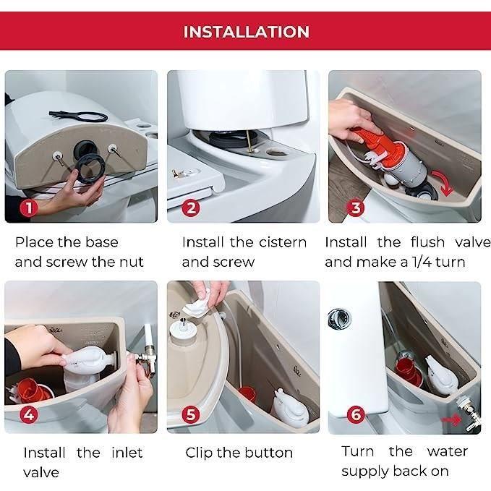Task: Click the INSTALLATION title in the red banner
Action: pyautogui.click(x=246, y=32)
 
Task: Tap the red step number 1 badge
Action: pyautogui.click(x=27, y=209)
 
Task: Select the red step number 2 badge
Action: pyautogui.click(x=190, y=209)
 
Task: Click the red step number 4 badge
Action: pyautogui.click(x=28, y=415)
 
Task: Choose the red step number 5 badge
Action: pyautogui.click(x=190, y=415)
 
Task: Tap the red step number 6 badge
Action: pyautogui.click(x=355, y=415)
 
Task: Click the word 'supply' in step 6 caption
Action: pyautogui.click(x=366, y=471)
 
